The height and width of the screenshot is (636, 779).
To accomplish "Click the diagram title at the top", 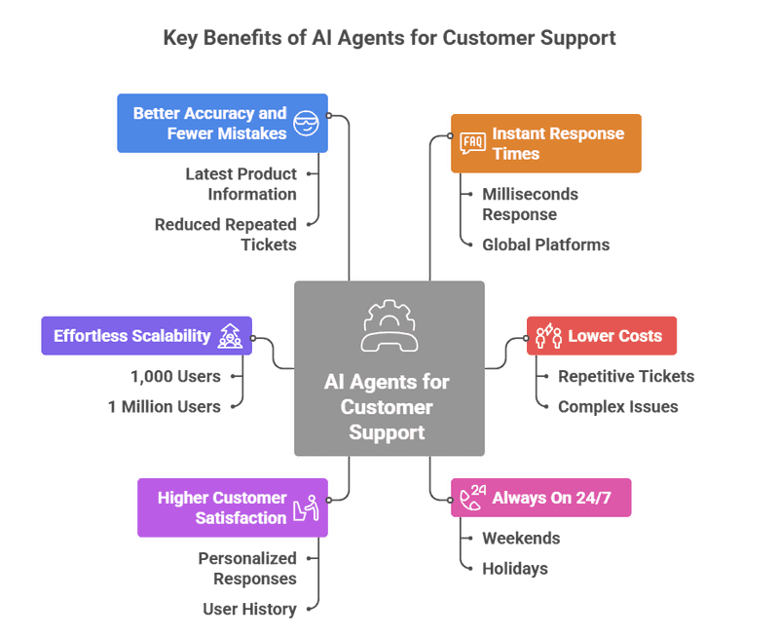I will [389, 38].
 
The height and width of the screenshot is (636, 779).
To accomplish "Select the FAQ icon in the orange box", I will [472, 143].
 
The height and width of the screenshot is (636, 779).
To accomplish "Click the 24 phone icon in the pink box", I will [473, 497].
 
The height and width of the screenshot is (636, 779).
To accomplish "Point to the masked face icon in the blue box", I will [307, 123].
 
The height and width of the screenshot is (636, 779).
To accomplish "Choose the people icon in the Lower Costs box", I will [547, 336].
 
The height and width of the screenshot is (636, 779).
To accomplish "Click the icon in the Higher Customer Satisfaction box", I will [308, 507].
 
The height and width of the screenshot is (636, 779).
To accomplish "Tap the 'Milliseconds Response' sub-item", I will [530, 204].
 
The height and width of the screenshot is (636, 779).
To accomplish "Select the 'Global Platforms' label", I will [545, 243].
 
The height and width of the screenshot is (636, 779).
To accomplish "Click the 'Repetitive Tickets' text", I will [625, 376].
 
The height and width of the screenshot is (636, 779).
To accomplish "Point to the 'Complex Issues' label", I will [617, 406].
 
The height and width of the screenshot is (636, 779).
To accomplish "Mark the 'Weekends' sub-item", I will [521, 538].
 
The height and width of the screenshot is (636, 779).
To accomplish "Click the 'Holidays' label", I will [514, 568].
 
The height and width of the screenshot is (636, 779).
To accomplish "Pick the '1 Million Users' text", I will [164, 406].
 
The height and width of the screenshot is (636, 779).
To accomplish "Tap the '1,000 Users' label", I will [175, 376].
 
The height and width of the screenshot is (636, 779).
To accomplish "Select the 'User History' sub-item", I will [248, 609].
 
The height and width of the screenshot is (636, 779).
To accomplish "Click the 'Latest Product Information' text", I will [241, 183].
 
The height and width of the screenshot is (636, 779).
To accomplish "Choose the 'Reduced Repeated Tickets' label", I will [225, 234].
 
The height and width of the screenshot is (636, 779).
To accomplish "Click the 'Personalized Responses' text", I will [246, 568].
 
